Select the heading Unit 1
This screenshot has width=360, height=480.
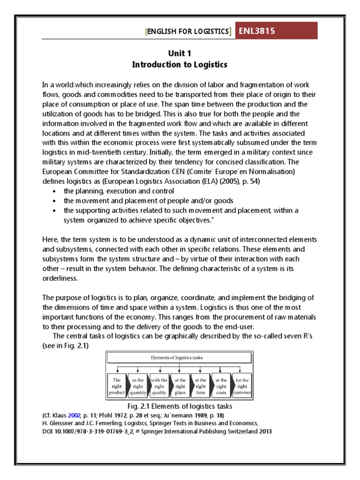click(180, 53)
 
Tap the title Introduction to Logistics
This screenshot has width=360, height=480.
click(180, 65)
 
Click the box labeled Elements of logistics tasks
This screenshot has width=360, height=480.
click(180, 357)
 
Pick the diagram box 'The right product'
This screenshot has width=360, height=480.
click(117, 386)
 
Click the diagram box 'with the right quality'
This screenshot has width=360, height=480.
click(159, 386)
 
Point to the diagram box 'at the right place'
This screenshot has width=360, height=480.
click(180, 386)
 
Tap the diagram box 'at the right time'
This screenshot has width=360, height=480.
click(200, 386)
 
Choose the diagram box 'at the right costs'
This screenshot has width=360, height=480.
click(221, 386)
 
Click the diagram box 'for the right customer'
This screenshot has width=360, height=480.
click(242, 386)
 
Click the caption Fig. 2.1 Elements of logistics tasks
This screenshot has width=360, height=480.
click(180, 405)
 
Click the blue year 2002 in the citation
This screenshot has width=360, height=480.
click(74, 415)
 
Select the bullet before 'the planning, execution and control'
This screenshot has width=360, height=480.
click(56, 191)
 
